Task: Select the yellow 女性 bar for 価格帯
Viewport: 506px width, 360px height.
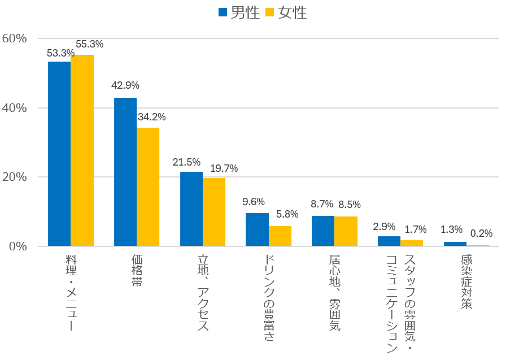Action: [148, 187]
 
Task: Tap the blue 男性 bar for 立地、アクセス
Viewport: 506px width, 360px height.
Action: [191, 209]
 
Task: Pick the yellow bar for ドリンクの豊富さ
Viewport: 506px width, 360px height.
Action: [280, 236]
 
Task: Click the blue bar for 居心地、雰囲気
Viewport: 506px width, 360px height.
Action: [323, 231]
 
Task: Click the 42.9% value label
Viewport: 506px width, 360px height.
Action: [125, 86]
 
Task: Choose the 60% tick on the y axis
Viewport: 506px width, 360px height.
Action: [15, 38]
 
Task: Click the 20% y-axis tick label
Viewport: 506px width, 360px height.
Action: [15, 177]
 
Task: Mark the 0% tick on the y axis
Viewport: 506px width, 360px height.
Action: [18, 246]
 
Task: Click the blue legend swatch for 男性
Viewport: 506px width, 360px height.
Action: [223, 12]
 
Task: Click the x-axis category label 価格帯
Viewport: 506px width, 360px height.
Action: [137, 271]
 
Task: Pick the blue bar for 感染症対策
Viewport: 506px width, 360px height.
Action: [455, 244]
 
